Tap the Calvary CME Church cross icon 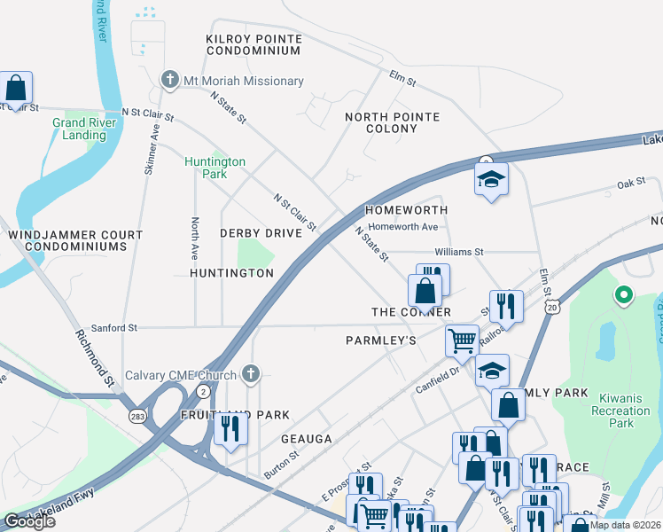tap(252, 373)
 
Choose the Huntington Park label tap(214, 168)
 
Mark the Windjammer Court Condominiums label tap(74, 240)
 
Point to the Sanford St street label tap(108, 327)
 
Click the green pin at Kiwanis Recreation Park tap(623, 295)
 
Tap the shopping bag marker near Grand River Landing tap(16, 88)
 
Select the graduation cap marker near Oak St tap(491, 180)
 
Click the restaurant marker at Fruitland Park tap(230, 429)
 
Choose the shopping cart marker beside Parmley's tap(462, 340)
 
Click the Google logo tap(29, 521)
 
